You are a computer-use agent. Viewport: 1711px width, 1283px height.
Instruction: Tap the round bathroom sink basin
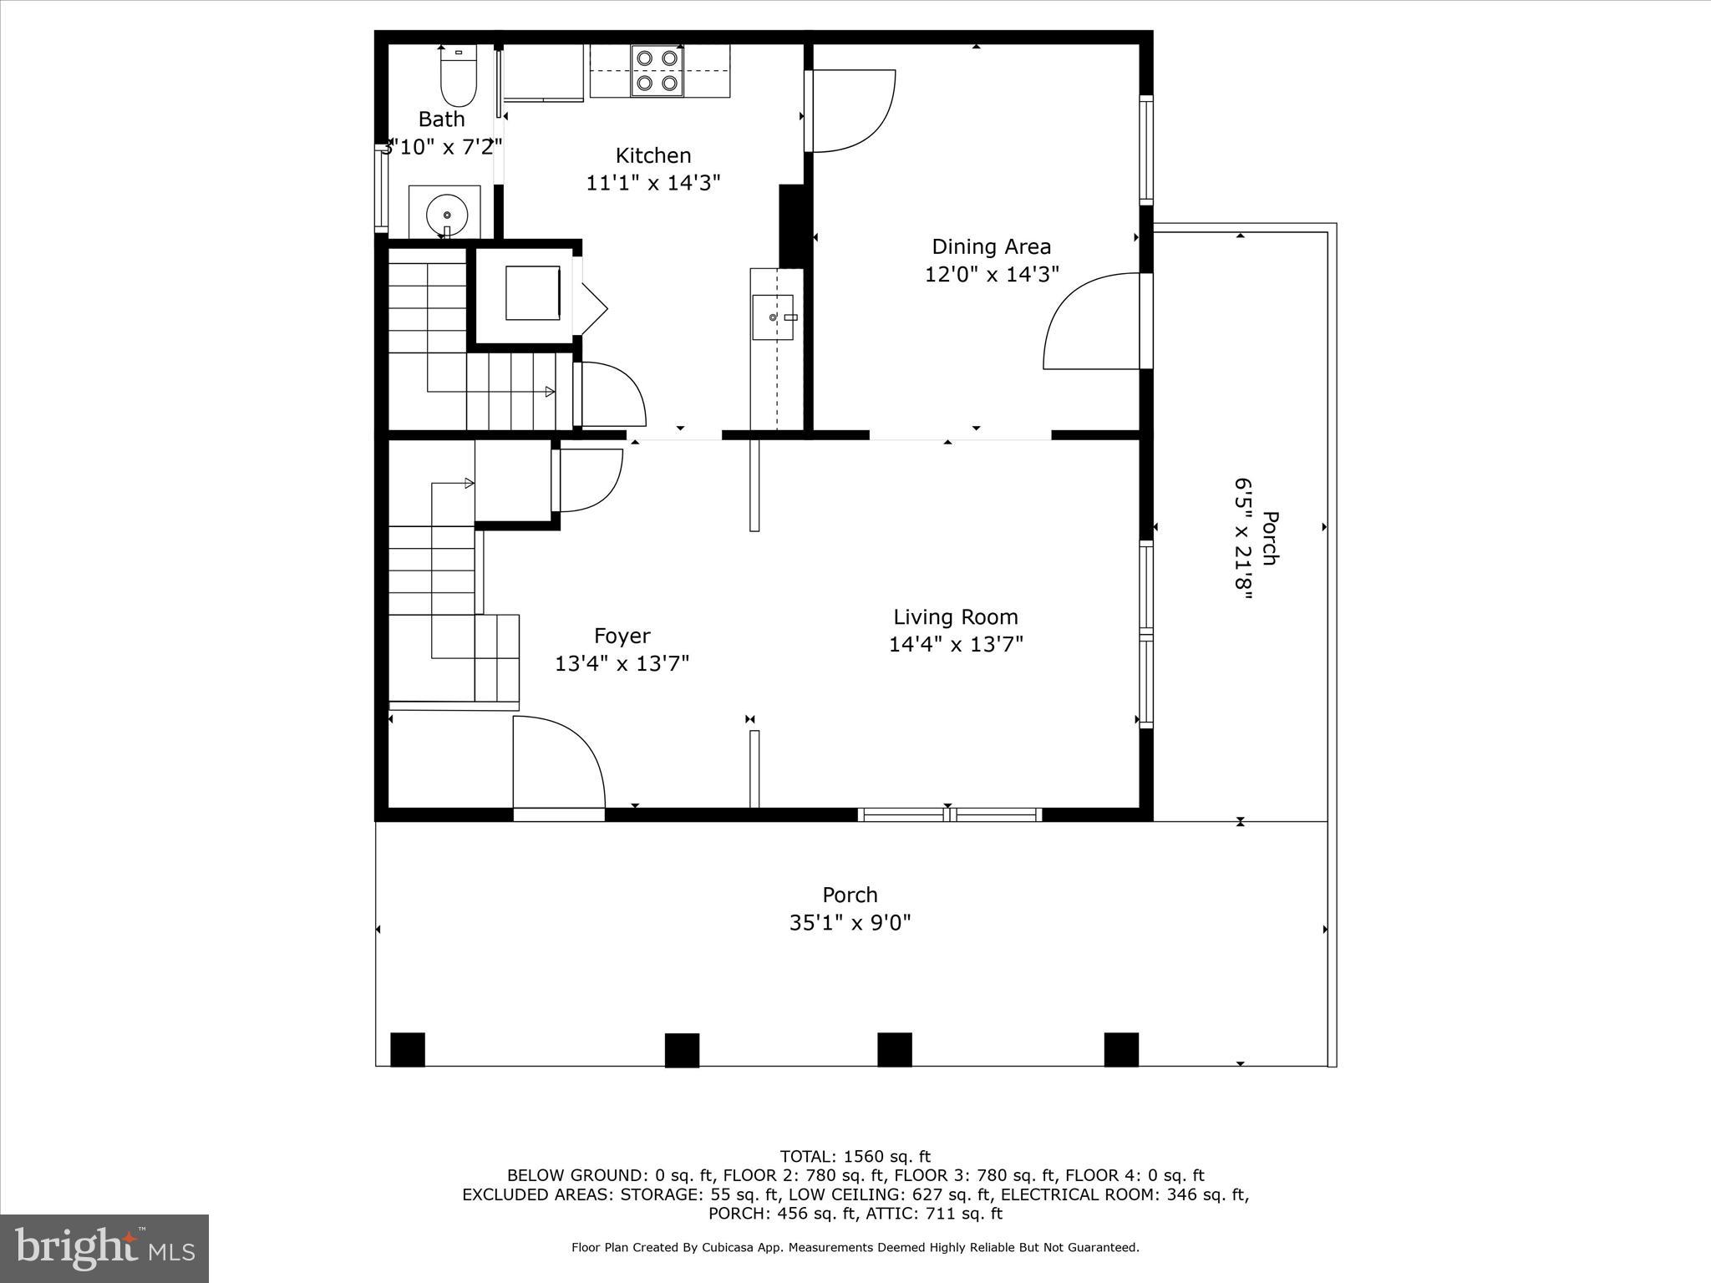click(446, 216)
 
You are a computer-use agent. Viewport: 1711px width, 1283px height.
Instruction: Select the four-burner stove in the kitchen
click(656, 71)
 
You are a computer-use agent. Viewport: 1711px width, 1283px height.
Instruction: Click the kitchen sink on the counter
click(773, 317)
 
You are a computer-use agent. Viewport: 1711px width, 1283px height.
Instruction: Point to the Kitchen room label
click(653, 155)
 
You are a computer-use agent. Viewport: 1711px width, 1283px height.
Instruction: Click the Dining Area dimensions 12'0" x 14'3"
click(992, 274)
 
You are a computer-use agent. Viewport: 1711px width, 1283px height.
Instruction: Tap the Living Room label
click(956, 617)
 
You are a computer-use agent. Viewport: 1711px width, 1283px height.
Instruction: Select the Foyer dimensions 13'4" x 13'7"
click(622, 663)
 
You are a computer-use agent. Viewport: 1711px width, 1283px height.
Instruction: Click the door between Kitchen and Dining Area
click(850, 111)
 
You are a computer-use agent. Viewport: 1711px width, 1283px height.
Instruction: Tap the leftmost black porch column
click(408, 1050)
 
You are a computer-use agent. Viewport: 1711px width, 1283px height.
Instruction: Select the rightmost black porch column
click(1121, 1050)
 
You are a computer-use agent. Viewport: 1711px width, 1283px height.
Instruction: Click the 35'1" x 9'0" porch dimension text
click(850, 923)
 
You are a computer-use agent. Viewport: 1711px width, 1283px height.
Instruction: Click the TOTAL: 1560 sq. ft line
click(855, 1157)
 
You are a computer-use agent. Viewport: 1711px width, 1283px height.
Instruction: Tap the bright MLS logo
click(104, 1248)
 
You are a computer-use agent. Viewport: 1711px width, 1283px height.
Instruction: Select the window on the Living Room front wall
click(950, 814)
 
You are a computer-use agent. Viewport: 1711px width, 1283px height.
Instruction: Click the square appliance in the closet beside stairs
click(532, 293)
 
